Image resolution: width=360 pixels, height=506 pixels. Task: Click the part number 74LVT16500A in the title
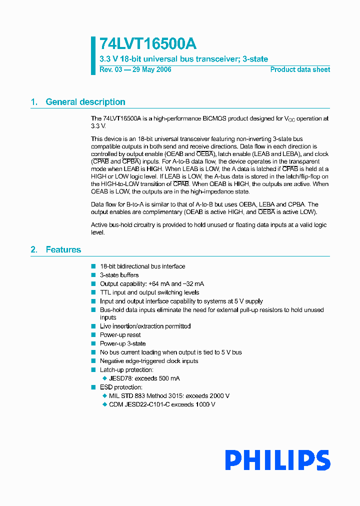click(147, 43)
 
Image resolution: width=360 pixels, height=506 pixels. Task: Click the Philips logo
click(277, 460)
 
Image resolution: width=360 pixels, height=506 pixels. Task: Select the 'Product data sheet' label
click(300, 69)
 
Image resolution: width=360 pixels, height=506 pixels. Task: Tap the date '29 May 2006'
click(152, 69)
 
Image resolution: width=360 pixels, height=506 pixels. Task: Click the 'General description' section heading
click(85, 102)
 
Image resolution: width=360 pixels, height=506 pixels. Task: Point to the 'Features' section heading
click(63, 249)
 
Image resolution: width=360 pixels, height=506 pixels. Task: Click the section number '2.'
click(34, 249)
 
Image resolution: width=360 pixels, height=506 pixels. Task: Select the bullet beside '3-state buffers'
click(93, 275)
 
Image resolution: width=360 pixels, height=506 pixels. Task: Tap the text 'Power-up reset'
click(120, 335)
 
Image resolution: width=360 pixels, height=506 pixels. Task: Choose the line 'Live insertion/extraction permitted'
click(145, 326)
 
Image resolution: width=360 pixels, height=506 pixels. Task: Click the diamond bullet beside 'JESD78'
click(104, 378)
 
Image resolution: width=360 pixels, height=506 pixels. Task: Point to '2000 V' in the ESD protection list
click(217, 396)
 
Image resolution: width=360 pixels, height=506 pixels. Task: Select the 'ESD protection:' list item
click(121, 387)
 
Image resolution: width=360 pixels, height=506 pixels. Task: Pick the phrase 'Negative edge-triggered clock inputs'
click(149, 361)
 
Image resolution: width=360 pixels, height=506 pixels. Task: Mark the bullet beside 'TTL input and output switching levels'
click(93, 292)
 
